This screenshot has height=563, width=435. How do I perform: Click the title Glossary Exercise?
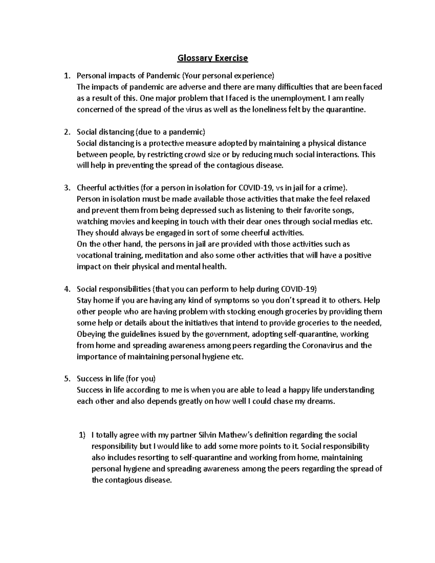coord(212,58)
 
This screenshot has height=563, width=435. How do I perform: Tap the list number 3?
coord(66,188)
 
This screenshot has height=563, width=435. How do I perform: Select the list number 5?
coord(66,379)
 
